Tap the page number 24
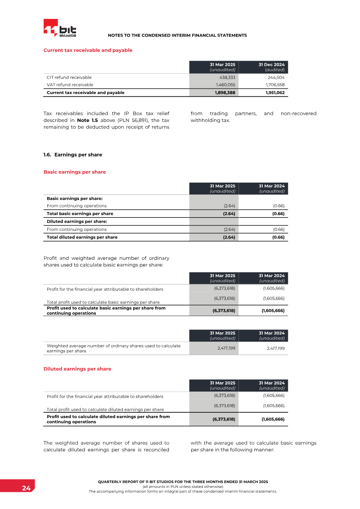pyautogui.click(x=26, y=488)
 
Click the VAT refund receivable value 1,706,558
pyautogui.click(x=274, y=85)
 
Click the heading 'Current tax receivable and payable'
pyautogui.click(x=88, y=50)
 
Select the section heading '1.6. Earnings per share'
pyautogui.click(x=72, y=155)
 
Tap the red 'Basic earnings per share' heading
pyautogui.click(x=74, y=172)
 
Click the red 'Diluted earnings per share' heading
pyautogui.click(x=77, y=369)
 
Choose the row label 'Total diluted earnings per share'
pyautogui.click(x=82, y=237)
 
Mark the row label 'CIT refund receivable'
pyautogui.click(x=69, y=77)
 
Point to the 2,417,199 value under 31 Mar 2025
pyautogui.click(x=224, y=348)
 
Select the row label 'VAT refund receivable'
pyautogui.click(x=70, y=85)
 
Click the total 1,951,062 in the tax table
pyautogui.click(x=274, y=93)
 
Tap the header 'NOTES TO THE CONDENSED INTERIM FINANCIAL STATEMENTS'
pyautogui.click(x=177, y=35)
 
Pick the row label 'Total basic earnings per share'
pyautogui.click(x=80, y=214)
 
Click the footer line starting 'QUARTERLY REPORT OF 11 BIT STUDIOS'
pyautogui.click(x=183, y=482)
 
